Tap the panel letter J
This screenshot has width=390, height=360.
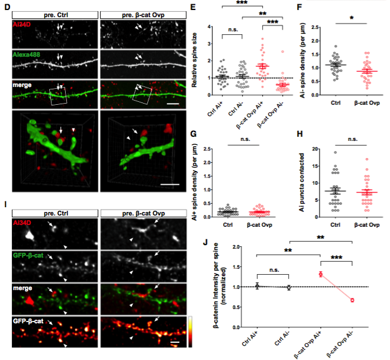[204, 242]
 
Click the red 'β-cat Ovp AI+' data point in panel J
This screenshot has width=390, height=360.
[320, 274]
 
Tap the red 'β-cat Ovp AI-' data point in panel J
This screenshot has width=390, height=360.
[352, 300]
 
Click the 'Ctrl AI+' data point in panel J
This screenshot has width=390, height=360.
[257, 286]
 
